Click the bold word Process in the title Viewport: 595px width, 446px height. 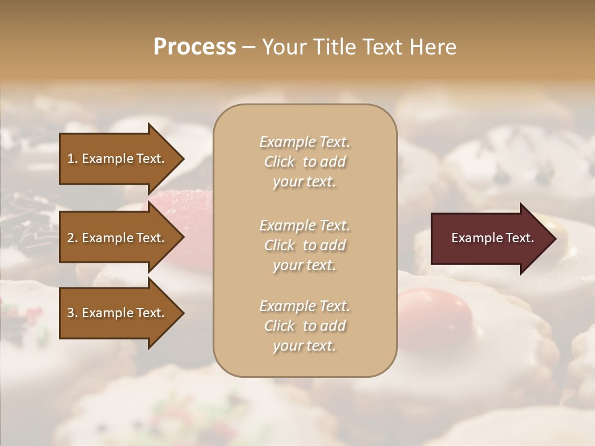click(x=195, y=47)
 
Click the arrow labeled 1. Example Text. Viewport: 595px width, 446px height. click(x=118, y=159)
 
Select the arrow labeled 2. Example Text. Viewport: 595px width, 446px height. click(x=118, y=238)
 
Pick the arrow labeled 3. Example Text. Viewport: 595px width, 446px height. click(x=118, y=313)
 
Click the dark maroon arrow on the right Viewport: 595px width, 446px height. click(x=490, y=238)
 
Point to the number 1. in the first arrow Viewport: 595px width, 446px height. click(x=73, y=159)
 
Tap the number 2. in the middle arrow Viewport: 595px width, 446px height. click(x=73, y=238)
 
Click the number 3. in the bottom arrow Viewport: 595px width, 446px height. click(x=73, y=313)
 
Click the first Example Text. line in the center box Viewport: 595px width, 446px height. click(x=304, y=142)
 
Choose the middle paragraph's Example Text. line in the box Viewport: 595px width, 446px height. click(x=304, y=225)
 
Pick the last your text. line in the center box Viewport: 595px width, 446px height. click(x=304, y=346)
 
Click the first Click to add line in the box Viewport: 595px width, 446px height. click(x=304, y=162)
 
